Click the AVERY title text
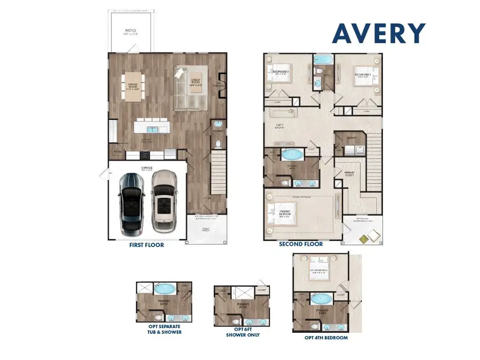(379, 33)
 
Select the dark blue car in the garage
(131, 203)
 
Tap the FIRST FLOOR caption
(146, 245)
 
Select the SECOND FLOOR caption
(301, 244)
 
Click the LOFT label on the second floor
(278, 127)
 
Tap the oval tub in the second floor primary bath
(291, 156)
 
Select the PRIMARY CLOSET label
(349, 174)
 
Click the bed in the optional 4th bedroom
(322, 265)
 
